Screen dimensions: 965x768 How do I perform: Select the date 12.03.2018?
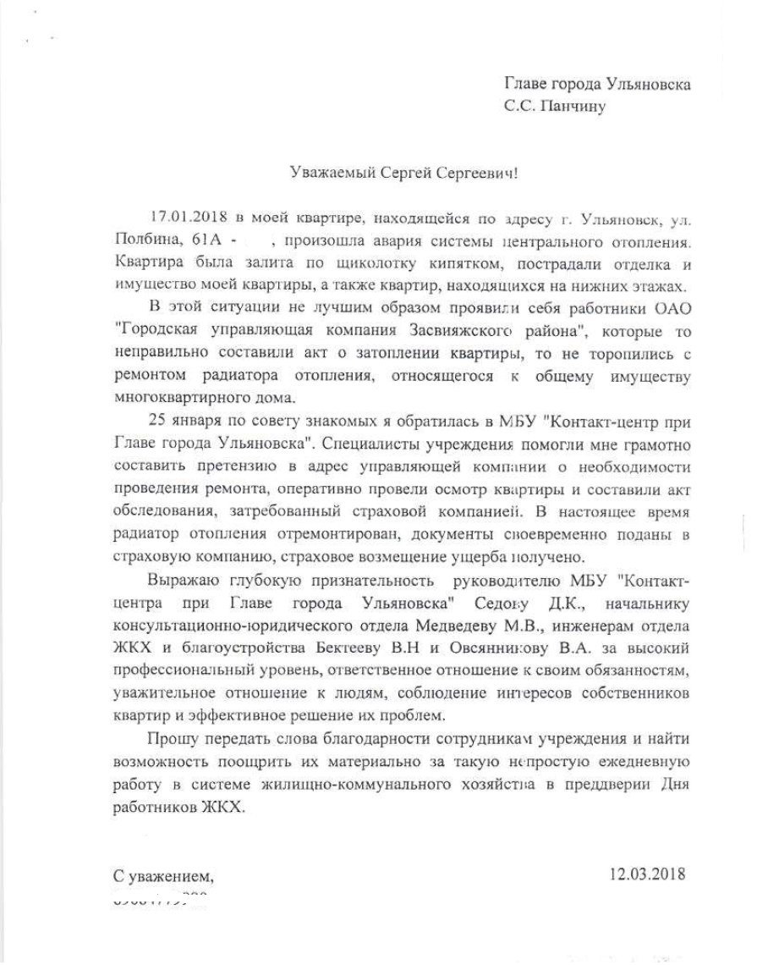647,873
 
